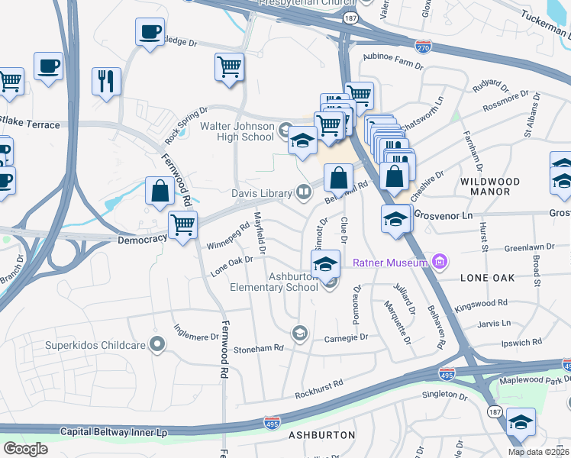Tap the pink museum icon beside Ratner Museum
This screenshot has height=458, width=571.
click(438, 263)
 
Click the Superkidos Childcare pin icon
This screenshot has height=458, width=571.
click(157, 344)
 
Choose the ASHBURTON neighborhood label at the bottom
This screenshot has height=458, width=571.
click(321, 435)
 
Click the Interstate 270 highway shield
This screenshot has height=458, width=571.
click(423, 46)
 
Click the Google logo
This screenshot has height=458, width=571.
click(25, 449)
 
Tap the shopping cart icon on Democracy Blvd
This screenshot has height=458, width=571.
click(183, 225)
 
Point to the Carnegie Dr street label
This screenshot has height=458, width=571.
click(346, 337)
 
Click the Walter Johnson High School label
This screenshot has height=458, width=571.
click(237, 131)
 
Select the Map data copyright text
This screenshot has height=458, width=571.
click(539, 452)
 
